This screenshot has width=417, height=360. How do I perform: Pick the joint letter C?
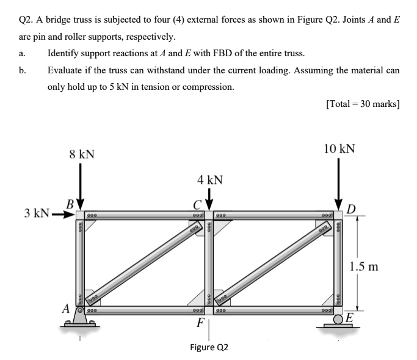[x=198, y=205]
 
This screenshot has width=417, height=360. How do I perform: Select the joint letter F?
[x=199, y=322]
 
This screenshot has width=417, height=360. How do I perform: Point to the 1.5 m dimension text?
[x=365, y=266]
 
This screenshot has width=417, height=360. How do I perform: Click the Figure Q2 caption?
[x=209, y=347]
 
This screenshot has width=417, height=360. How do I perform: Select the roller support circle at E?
[x=338, y=317]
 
